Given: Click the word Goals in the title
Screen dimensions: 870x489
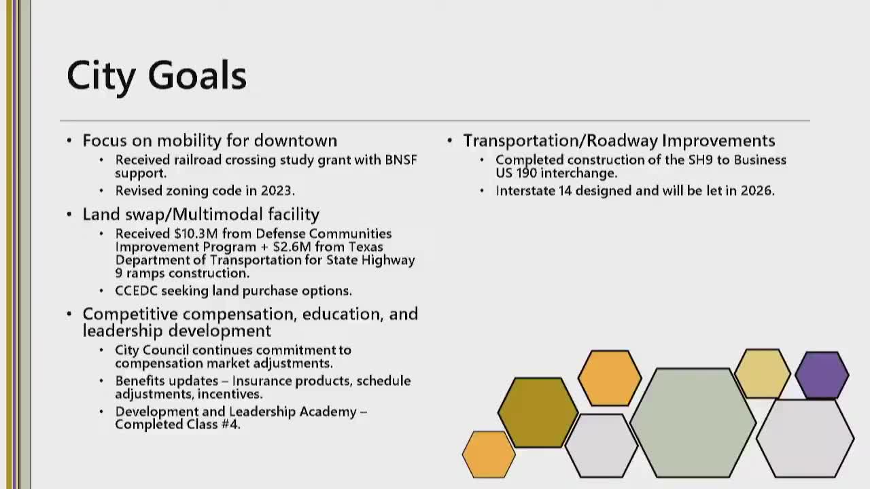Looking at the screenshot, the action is pyautogui.click(x=197, y=75).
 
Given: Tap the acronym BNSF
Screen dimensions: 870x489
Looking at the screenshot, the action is pyautogui.click(x=401, y=160).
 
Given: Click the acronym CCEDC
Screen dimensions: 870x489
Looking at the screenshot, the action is pyautogui.click(x=137, y=291).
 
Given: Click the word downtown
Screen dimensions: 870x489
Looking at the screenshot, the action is pyautogui.click(x=296, y=141).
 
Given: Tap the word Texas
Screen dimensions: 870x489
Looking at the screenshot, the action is pyautogui.click(x=366, y=247).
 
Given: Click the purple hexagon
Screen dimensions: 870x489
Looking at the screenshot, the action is pyautogui.click(x=822, y=375).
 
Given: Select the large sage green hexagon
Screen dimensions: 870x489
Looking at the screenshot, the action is pyautogui.click(x=693, y=422).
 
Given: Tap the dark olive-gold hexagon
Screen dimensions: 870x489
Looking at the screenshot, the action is pyautogui.click(x=538, y=412).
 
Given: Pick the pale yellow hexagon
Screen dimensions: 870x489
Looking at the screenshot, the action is pyautogui.click(x=763, y=374).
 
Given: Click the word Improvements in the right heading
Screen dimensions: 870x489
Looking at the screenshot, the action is pyautogui.click(x=718, y=141).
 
